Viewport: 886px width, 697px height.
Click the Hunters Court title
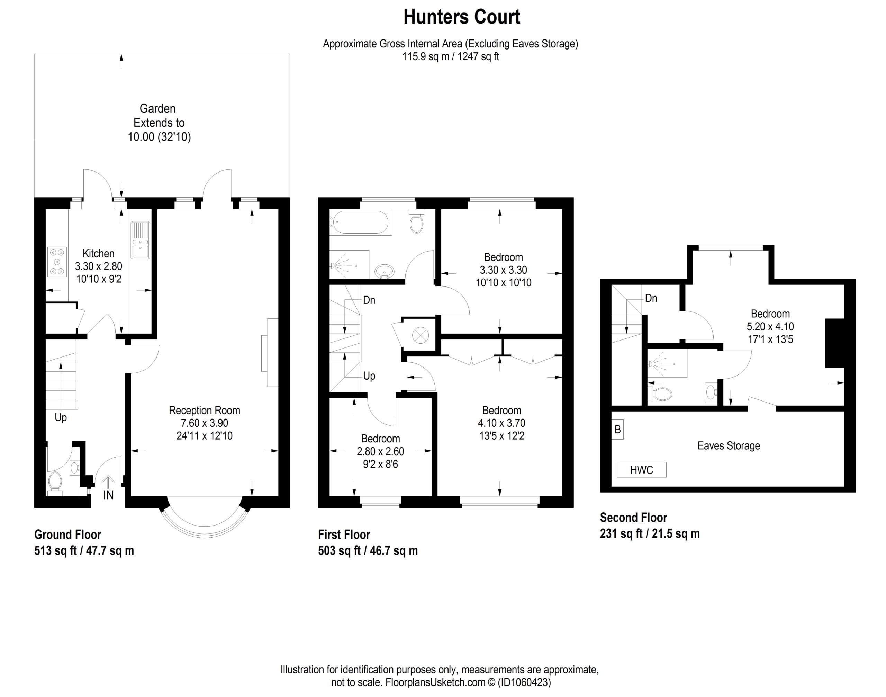click(462, 17)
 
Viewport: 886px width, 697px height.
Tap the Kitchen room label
click(98, 254)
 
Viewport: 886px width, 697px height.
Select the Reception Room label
click(204, 411)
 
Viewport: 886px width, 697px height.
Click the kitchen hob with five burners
click(57, 262)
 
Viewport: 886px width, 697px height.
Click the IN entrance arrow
click(108, 483)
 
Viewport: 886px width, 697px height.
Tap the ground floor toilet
click(55, 483)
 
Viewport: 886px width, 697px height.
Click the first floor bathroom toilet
click(416, 222)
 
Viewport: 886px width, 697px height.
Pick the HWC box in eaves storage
click(641, 470)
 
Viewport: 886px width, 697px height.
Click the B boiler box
click(617, 430)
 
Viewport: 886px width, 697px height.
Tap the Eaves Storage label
click(729, 445)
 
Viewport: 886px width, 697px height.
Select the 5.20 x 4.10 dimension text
click(770, 326)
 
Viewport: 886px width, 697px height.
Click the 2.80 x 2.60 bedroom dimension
click(380, 451)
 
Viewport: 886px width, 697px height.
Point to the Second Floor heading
click(633, 518)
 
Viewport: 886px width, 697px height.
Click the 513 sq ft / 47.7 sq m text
click(84, 551)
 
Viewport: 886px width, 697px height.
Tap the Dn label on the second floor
click(651, 298)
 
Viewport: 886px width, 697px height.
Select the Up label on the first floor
click(369, 376)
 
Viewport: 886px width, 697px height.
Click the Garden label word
click(157, 108)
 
